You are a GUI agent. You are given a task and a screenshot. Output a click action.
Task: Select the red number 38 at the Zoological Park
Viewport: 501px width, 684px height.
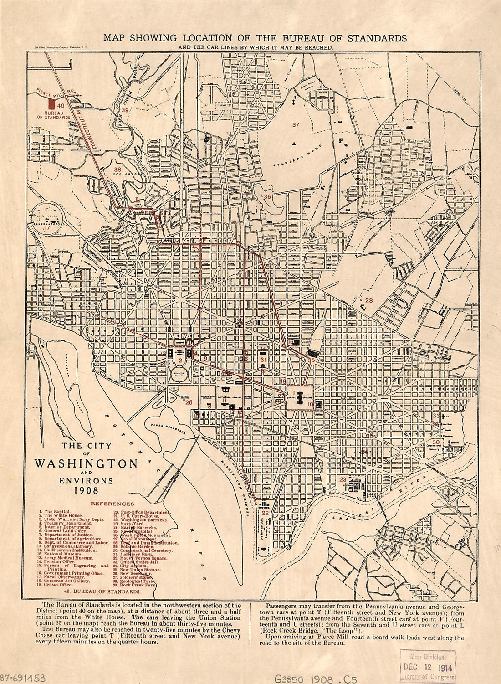click(x=118, y=169)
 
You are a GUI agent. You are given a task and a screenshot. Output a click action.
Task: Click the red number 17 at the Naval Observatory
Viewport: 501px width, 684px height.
click(x=47, y=227)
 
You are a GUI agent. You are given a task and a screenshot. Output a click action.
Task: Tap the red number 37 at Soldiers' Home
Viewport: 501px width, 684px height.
click(x=296, y=125)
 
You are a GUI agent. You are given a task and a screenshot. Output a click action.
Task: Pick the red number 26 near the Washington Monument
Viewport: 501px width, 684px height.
click(x=189, y=402)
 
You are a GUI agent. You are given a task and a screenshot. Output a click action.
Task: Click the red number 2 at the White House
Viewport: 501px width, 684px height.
click(x=180, y=360)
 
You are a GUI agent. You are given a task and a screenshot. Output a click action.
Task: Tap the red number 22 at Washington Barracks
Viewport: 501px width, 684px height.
click(x=265, y=513)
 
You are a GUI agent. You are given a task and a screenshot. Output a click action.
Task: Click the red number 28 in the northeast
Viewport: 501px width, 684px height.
click(x=368, y=300)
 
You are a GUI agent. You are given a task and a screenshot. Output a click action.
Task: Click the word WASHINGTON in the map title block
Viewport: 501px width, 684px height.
click(x=86, y=464)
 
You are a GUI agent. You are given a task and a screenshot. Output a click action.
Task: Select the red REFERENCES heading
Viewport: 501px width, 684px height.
click(x=112, y=504)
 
